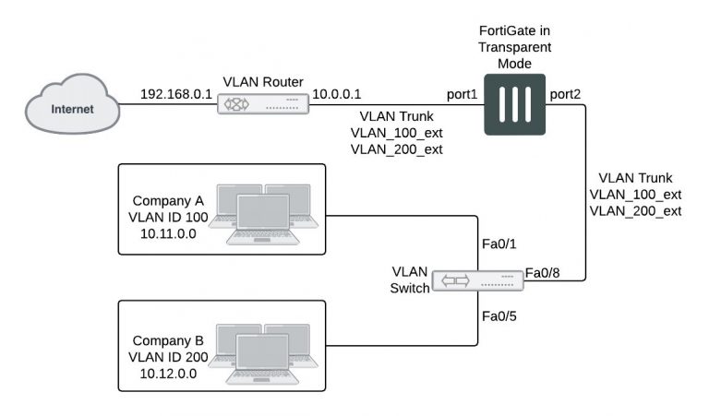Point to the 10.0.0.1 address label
(338, 94)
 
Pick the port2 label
(564, 94)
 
